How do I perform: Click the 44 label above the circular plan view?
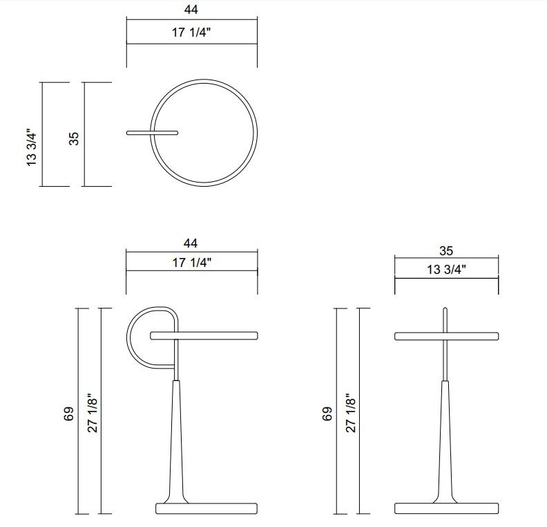pos(191,10)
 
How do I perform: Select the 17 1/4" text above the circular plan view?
pos(191,33)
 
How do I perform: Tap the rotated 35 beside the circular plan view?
pos(74,138)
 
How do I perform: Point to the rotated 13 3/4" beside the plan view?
pos(32,147)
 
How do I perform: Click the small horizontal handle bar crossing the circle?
pos(153,132)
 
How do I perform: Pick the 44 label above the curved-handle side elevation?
pos(191,243)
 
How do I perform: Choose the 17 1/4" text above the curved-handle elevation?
pos(191,262)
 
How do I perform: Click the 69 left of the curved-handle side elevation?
pos(68,414)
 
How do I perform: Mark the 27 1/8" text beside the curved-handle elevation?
pos(93,414)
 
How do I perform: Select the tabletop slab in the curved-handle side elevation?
pos(204,336)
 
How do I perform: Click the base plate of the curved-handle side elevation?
pos(207,508)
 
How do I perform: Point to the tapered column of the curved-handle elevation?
pos(176,443)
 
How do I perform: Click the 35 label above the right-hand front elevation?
pos(446,252)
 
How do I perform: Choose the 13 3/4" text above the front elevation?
pos(446,270)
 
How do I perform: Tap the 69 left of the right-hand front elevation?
pos(327,414)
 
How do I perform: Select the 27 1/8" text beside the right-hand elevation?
pos(351,414)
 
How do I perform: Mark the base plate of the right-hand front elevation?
pos(446,508)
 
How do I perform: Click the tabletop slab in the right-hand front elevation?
pos(446,336)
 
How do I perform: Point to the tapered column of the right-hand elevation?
pos(446,443)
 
